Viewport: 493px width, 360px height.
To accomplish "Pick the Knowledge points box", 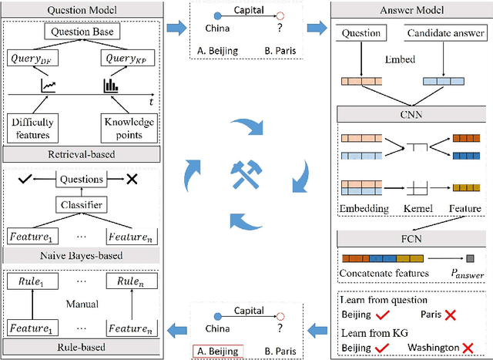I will [128, 127].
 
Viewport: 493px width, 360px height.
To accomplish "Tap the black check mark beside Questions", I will [25, 179].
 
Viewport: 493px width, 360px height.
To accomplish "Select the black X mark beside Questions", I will [132, 179].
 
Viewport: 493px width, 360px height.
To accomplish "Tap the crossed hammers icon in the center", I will [246, 178].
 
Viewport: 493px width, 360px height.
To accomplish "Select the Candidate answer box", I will [444, 33].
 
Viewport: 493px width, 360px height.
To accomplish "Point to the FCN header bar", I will [411, 240].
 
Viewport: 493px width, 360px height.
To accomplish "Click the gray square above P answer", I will [471, 258].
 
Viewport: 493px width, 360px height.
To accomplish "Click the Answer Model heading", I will [411, 12].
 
